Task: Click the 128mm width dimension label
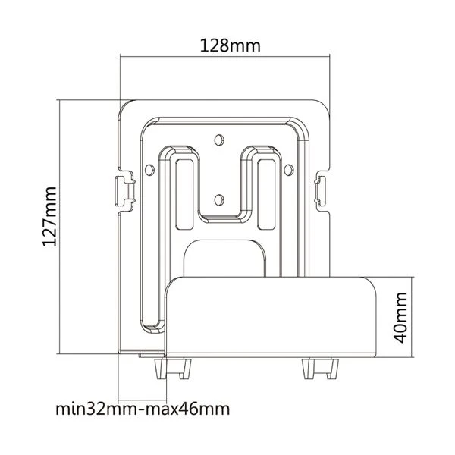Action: point(230,45)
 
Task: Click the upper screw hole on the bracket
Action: point(219,140)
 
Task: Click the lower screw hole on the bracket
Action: point(219,199)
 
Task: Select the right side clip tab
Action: point(323,187)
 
